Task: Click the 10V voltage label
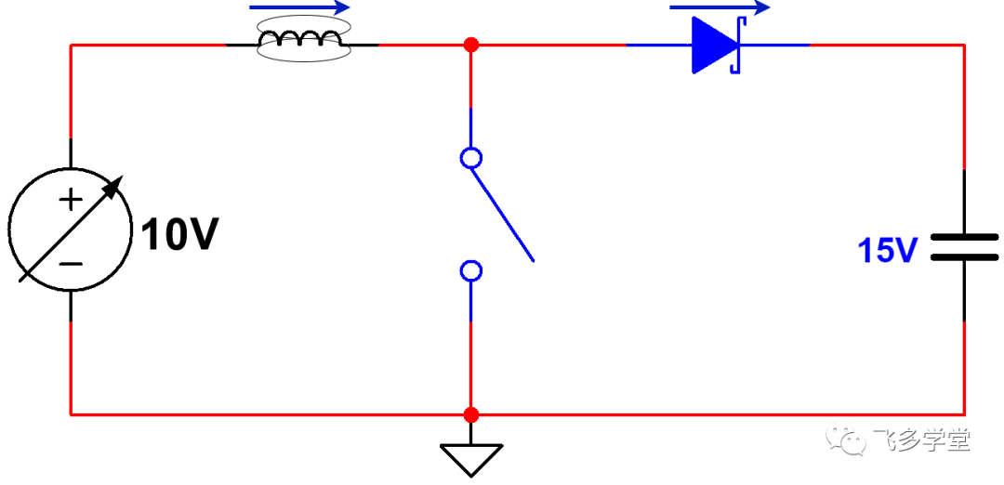[x=179, y=235]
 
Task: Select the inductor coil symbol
[x=300, y=40]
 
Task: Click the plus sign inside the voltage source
[x=71, y=201]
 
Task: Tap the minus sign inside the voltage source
[x=71, y=263]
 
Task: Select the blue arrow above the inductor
[x=299, y=7]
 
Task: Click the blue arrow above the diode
[x=719, y=7]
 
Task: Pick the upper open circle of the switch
[x=471, y=157]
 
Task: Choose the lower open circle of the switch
[x=471, y=271]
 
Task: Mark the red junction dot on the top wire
[x=471, y=45]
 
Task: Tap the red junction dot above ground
[x=471, y=414]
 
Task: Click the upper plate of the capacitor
[x=964, y=236]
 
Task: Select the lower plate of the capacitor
[x=964, y=257]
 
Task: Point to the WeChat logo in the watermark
[x=844, y=439]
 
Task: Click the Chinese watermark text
[x=921, y=439]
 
